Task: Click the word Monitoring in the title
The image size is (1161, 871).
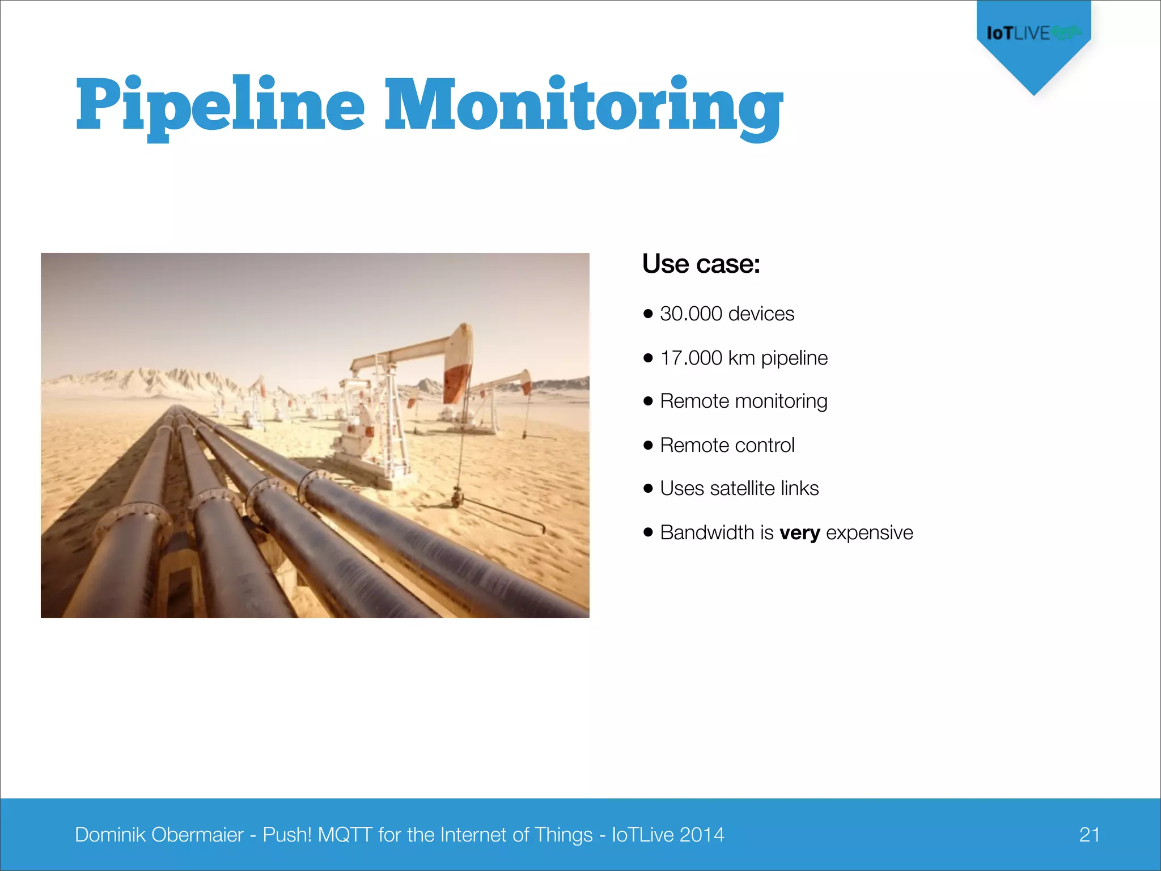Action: [584, 105]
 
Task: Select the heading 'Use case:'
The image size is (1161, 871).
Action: [701, 264]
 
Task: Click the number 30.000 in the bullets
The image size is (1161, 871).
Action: [691, 314]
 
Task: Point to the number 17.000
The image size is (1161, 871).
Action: [691, 358]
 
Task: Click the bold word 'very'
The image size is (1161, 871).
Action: [799, 533]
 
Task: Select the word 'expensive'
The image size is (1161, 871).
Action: [870, 532]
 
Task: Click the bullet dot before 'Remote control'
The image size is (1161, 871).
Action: [649, 445]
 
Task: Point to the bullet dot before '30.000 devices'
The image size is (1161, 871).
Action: [649, 314]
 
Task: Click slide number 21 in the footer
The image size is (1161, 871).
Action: [1090, 834]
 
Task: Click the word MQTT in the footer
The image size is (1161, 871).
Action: [345, 835]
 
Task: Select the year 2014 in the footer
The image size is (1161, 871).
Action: [702, 835]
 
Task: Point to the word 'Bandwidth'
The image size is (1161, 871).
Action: [707, 532]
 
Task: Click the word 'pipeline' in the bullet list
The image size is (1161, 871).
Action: [794, 358]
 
